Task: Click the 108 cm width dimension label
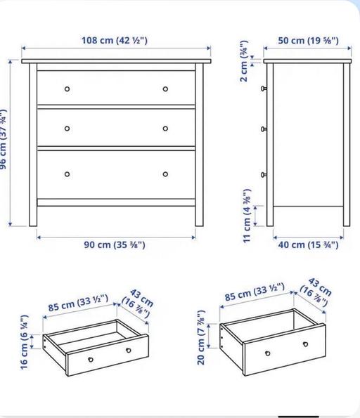tap(116, 40)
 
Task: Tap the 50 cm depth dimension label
tap(308, 40)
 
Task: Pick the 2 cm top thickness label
tap(243, 65)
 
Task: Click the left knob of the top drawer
tap(67, 89)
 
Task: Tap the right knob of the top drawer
tap(166, 89)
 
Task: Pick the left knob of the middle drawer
tap(67, 129)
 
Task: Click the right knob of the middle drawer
tap(166, 129)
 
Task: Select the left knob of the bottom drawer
tap(67, 174)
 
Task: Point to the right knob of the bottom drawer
tap(166, 174)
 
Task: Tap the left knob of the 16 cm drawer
tap(91, 358)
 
